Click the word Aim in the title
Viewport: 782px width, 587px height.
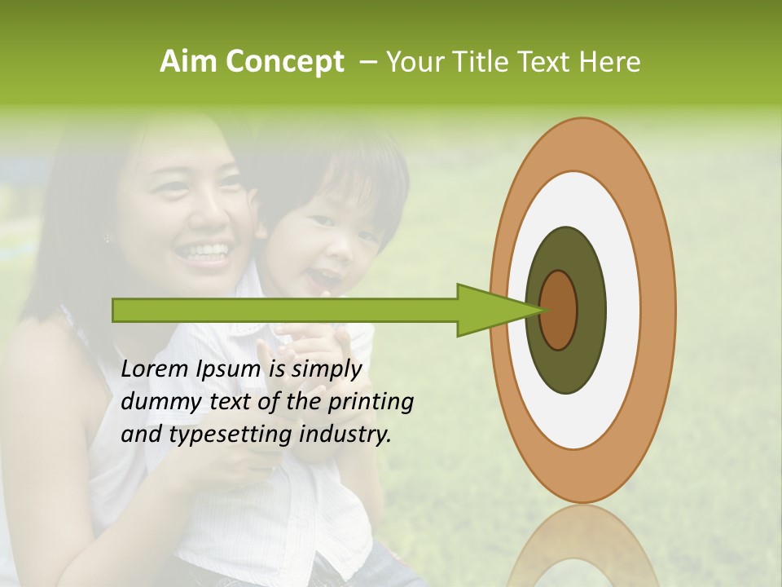(x=189, y=62)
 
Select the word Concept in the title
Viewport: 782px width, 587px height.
(x=283, y=63)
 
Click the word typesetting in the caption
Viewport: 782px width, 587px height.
(x=217, y=435)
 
